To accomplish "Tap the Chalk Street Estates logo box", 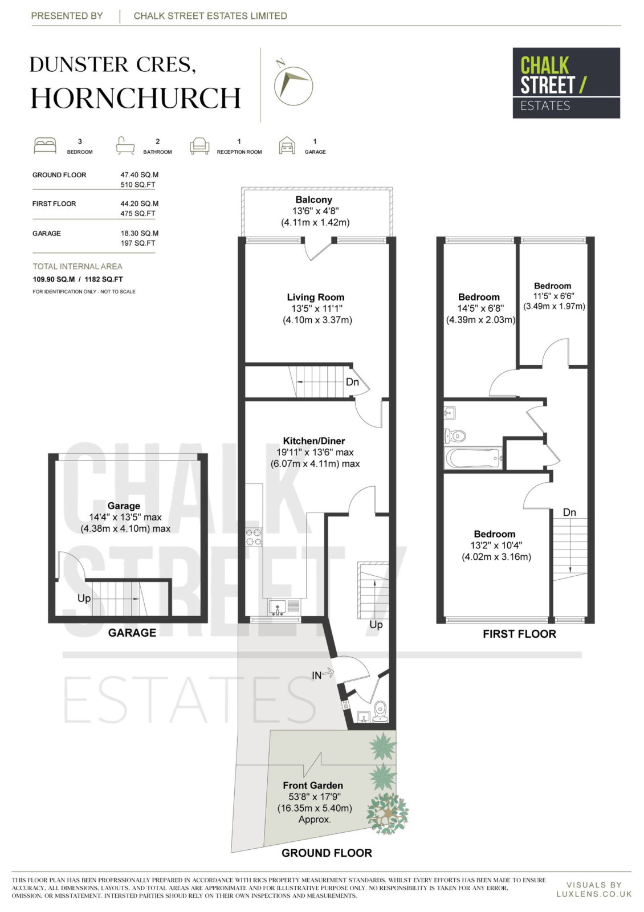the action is point(566,83).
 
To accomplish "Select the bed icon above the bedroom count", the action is point(45,146).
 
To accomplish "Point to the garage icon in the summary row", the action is point(287,145).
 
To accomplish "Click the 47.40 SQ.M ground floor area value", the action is point(139,174).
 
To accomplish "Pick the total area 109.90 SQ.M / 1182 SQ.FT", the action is point(78,279).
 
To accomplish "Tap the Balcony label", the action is point(314,200).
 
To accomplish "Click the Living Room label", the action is point(316,297).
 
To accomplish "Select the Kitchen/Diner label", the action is point(314,441).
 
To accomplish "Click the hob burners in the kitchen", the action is point(254,536).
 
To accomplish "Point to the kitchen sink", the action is point(277,608).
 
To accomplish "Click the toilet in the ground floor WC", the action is point(380,711).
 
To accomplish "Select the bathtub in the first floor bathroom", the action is point(474,458).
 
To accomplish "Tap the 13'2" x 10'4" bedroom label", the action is point(496,545).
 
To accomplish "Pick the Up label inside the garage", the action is point(84,598).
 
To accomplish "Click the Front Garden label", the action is point(313,785).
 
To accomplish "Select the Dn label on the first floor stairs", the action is point(569,512).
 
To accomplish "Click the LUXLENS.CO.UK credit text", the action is point(594,894).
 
